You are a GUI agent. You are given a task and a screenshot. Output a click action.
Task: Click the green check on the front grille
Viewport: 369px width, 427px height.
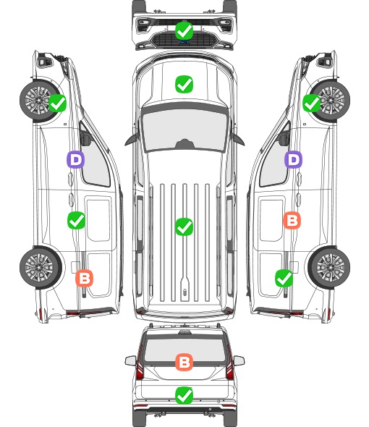click(184, 30)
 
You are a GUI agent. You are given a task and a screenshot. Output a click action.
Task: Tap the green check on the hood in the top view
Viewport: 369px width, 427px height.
click(184, 84)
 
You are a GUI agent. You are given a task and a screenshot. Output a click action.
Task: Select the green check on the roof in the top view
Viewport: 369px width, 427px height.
click(184, 227)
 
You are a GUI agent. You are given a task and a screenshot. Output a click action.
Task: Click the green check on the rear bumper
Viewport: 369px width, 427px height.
click(184, 395)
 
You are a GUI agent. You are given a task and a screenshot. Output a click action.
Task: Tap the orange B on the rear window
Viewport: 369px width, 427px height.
click(184, 362)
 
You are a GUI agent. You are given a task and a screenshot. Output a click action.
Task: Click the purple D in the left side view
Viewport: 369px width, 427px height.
click(76, 159)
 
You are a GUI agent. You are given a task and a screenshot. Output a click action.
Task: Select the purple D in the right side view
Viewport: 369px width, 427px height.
click(293, 159)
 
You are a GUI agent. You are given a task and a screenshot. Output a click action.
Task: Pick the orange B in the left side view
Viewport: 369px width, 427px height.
click(84, 278)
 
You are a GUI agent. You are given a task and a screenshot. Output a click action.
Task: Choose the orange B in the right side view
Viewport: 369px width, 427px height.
click(292, 220)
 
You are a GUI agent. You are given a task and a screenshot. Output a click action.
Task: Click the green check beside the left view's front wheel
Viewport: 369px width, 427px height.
click(57, 103)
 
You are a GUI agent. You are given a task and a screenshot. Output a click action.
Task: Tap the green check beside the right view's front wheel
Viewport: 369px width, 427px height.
click(312, 103)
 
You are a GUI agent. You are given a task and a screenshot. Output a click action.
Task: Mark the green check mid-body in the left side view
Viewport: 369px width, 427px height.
click(76, 220)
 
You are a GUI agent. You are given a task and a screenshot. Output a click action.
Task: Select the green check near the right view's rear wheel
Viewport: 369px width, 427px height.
click(284, 278)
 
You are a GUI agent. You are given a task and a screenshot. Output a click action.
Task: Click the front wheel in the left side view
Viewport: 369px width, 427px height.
click(39, 100)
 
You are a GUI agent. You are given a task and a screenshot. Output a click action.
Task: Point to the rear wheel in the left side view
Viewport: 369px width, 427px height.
click(41, 267)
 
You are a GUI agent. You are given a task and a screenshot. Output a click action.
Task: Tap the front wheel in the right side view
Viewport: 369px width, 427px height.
click(330, 100)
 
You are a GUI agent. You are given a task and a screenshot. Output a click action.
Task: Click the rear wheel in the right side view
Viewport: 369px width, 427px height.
click(329, 267)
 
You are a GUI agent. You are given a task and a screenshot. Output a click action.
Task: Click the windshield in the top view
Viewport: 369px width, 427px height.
click(184, 128)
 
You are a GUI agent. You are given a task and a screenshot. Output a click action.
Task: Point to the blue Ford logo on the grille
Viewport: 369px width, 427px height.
click(184, 42)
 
